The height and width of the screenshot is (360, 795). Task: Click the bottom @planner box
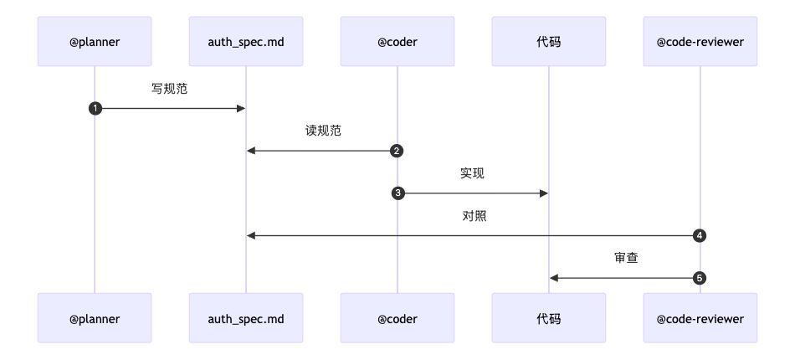coord(95,318)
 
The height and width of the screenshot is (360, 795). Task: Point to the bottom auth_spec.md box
coord(246,318)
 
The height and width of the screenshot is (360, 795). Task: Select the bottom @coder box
coord(397,318)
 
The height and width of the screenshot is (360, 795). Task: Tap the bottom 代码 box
coord(549,318)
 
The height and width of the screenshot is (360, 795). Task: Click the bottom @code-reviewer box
coord(700,318)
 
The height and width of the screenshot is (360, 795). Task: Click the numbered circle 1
coord(95,109)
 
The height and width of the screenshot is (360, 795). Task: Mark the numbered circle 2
coord(397,152)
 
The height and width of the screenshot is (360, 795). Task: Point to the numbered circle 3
coord(397,193)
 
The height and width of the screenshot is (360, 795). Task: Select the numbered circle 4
coord(700,236)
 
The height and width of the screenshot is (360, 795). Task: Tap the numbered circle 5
coord(700,278)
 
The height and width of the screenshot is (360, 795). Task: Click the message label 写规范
coord(170,89)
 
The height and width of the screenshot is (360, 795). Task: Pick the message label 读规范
coord(322,131)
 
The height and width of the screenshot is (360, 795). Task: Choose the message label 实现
coord(473,173)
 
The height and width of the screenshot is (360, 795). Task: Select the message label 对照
coord(474,216)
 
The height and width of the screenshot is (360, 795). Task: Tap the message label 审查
coord(626,258)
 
